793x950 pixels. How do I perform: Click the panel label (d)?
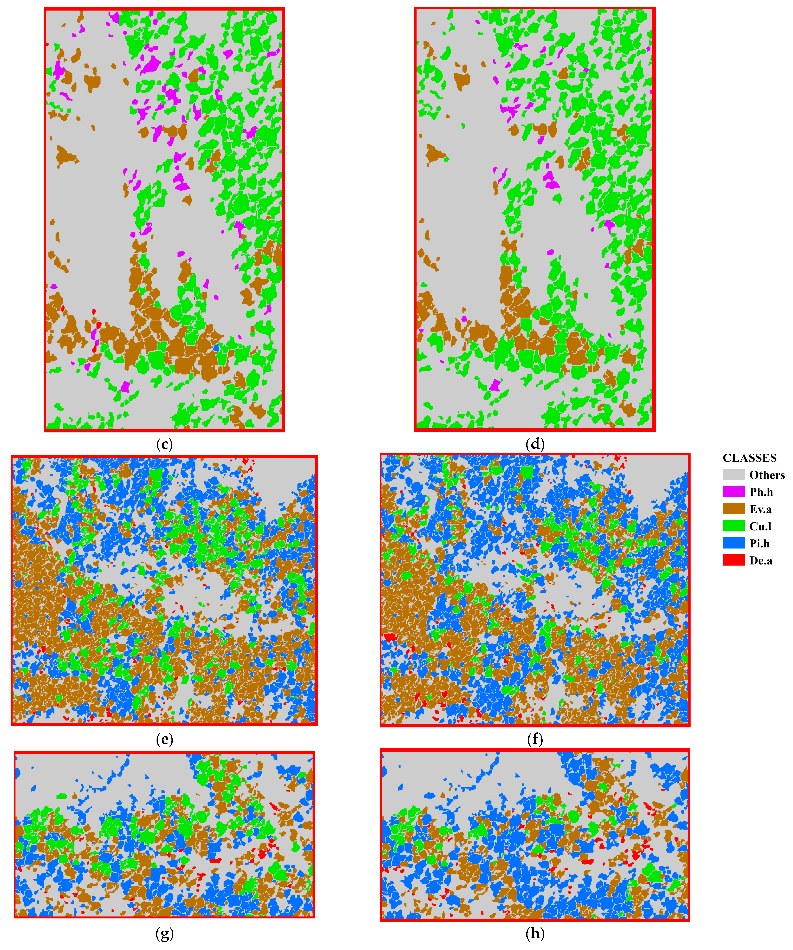(x=535, y=444)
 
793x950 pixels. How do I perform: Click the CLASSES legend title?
(x=749, y=458)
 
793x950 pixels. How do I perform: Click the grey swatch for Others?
(x=733, y=475)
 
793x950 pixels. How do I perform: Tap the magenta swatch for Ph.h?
(x=733, y=492)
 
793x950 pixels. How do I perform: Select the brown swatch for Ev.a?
(x=733, y=509)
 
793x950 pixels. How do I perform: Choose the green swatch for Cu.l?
(x=733, y=526)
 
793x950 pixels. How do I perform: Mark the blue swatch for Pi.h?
(x=733, y=543)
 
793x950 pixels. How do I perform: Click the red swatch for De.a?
(x=733, y=561)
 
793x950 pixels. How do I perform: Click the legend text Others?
(x=767, y=475)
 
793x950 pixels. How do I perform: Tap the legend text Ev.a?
(x=761, y=509)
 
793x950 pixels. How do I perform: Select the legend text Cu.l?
(x=760, y=527)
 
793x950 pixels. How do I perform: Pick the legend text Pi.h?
(x=759, y=544)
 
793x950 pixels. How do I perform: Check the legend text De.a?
(x=761, y=561)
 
